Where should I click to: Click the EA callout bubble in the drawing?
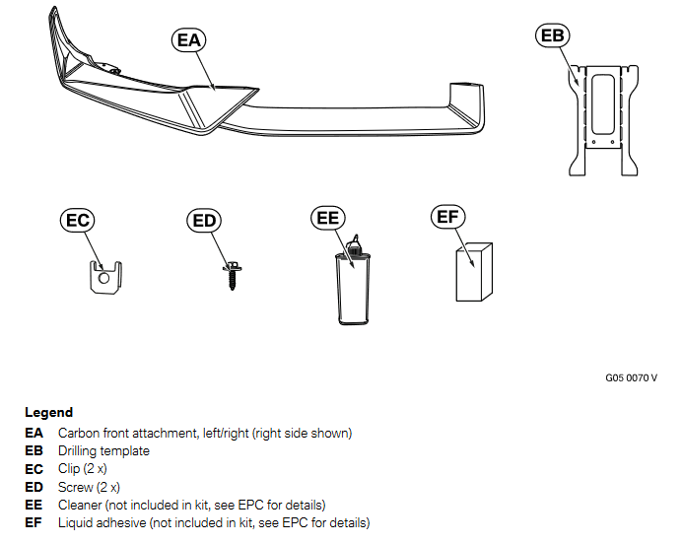187,39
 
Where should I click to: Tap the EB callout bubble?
553,36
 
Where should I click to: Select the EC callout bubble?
78,220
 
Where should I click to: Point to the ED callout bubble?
204,220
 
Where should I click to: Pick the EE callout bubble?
328,218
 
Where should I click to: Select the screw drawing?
233,273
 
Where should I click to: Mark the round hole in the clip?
104,279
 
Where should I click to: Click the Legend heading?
48,413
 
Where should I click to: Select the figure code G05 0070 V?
631,377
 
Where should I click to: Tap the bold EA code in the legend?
34,433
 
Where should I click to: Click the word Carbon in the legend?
78,433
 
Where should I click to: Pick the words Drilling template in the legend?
103,450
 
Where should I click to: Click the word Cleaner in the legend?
79,505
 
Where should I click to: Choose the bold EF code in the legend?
34,522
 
